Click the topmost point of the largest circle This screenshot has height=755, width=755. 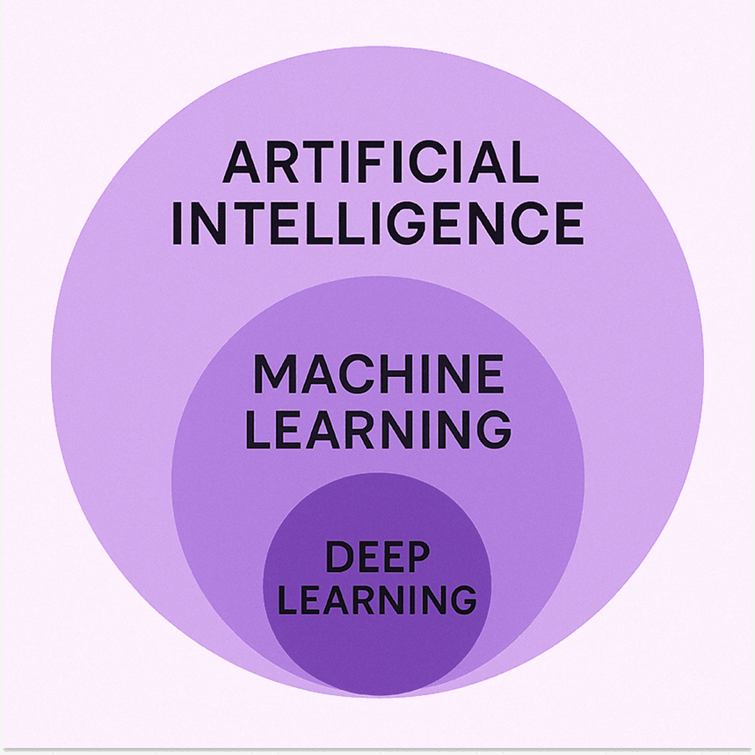(378, 47)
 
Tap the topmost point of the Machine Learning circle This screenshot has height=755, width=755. (378, 276)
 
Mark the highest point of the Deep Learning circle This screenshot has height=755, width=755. (378, 472)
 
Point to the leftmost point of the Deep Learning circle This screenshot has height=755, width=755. (263, 584)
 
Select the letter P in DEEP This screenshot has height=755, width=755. (416, 556)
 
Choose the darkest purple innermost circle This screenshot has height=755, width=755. (378, 584)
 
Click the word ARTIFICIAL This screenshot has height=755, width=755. (381, 162)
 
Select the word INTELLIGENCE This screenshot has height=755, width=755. (378, 223)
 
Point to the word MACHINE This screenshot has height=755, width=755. (379, 374)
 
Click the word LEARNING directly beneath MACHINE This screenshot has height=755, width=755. (379, 430)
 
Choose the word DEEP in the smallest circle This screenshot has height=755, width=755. (378, 556)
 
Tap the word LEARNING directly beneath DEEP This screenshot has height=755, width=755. (378, 599)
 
